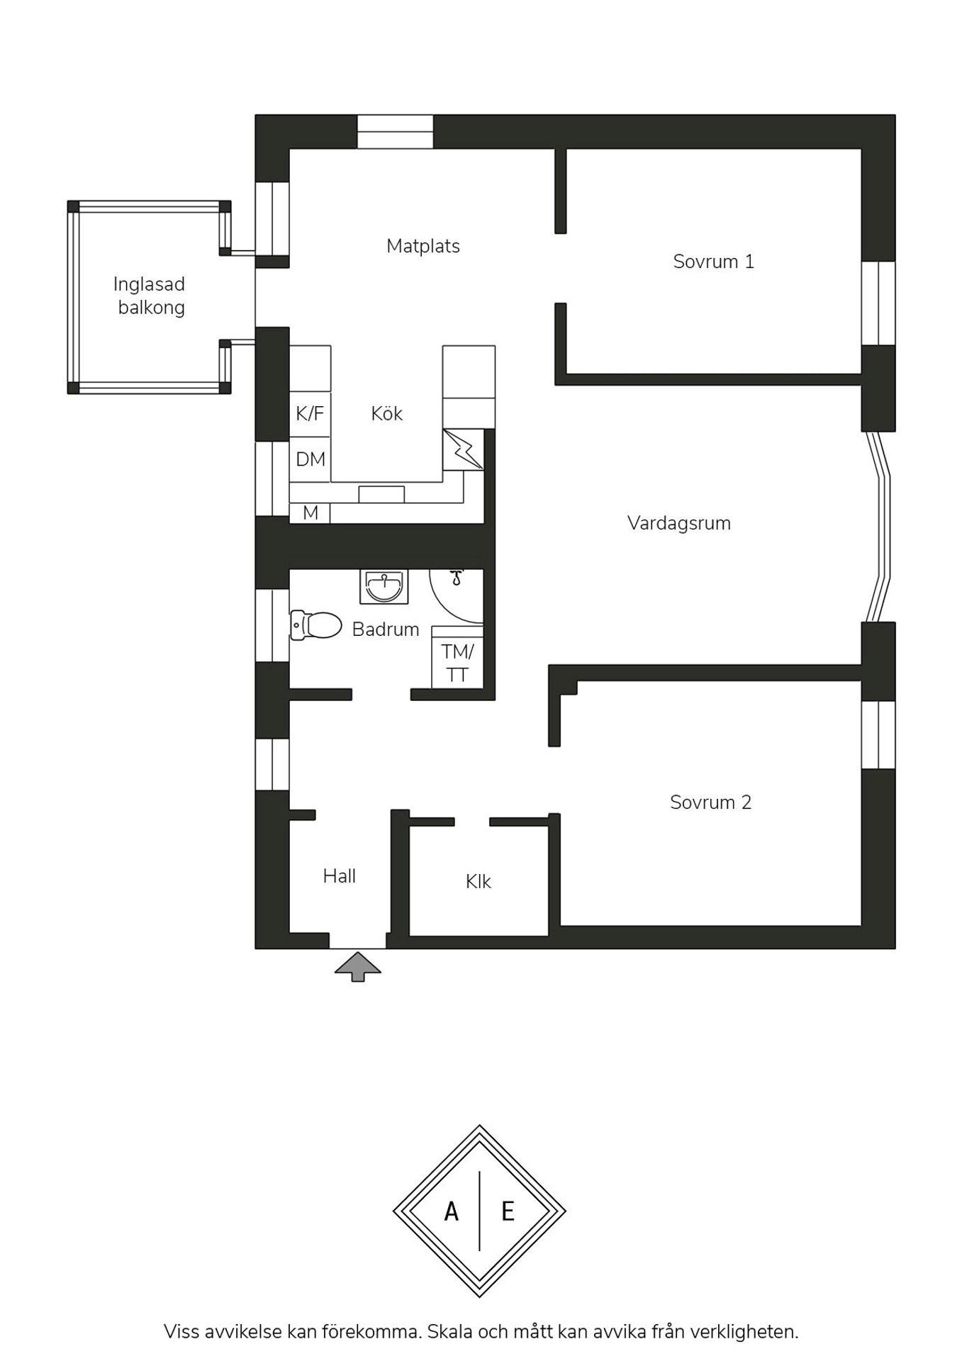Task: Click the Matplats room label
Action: (423, 246)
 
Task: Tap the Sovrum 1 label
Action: (713, 262)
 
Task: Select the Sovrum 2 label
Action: (710, 802)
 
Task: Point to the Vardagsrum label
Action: (679, 523)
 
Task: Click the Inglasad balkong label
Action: (150, 296)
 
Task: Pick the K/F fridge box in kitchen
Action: (311, 414)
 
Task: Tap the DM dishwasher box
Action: (311, 459)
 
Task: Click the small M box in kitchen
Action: (310, 513)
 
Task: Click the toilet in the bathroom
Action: (315, 625)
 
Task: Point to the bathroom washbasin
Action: (384, 587)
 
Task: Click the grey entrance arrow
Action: (358, 966)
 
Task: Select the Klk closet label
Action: (479, 881)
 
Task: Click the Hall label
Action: (340, 876)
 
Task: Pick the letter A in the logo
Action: (452, 1211)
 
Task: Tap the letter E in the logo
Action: (508, 1211)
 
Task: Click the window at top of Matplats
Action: (395, 132)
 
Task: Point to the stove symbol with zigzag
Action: (463, 449)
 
